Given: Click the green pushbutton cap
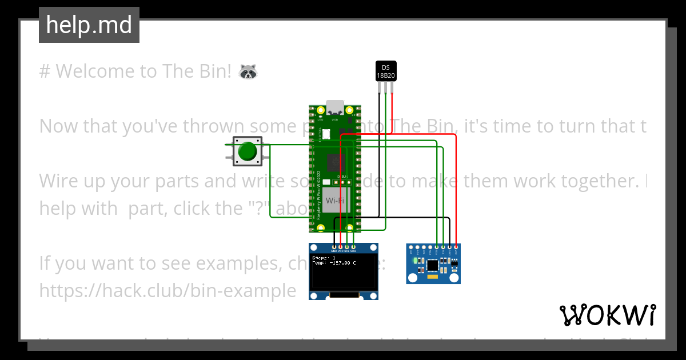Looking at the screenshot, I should point(247,151).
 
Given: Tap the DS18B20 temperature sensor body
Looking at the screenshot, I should point(386,71).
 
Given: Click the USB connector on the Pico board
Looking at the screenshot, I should point(335,109).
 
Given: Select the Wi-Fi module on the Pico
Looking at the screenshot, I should point(334,201).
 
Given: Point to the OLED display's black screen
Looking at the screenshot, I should point(344,272).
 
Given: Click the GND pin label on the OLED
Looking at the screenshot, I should point(333,251).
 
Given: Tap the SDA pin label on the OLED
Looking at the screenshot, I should point(354,251).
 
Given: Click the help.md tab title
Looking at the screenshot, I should point(89,25).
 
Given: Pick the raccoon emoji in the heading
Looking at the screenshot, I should point(248,71).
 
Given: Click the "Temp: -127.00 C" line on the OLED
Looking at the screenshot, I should point(334,263).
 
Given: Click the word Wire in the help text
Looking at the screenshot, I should point(57,181).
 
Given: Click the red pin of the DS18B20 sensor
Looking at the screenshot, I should point(392,86).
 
